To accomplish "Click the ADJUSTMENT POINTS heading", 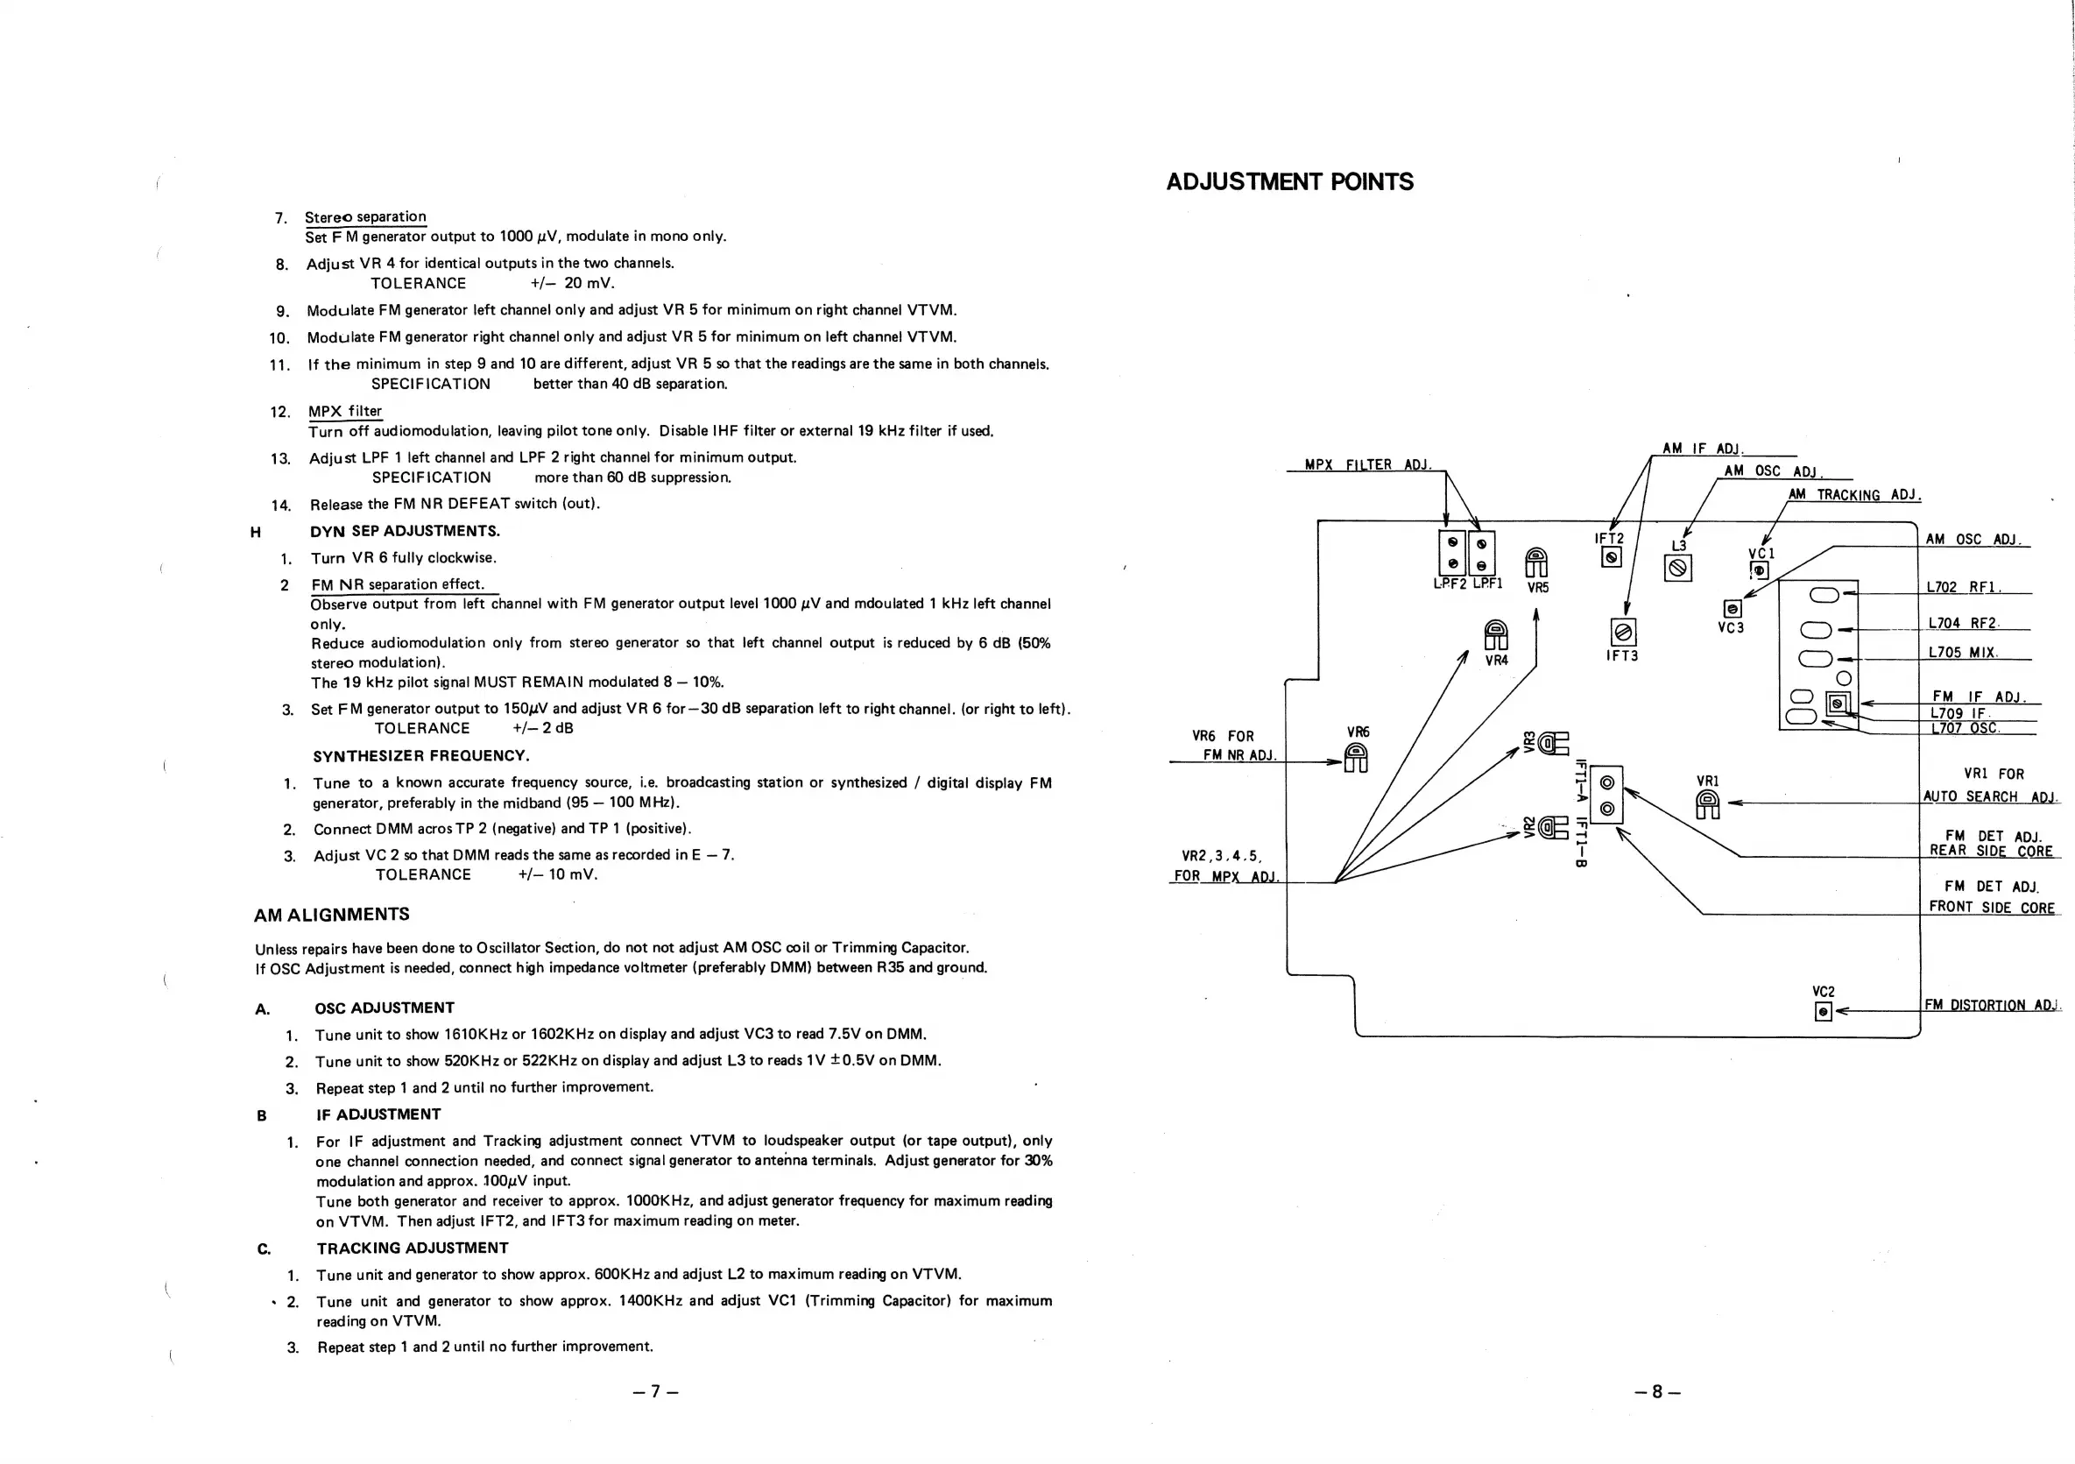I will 1289,181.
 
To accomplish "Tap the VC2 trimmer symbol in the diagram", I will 1824,1012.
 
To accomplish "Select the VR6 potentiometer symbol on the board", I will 1357,757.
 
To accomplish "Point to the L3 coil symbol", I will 1677,568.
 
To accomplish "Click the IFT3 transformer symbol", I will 1623,632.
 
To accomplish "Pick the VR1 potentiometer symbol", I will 1707,803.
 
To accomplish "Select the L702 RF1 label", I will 1963,587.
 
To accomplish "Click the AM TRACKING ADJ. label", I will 1853,495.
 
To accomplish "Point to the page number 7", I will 655,1391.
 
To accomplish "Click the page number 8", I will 1656,1391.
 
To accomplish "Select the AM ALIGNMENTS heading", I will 332,915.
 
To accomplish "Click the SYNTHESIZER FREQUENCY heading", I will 421,755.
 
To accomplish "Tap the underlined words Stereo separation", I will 365,217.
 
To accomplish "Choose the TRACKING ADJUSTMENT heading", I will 412,1248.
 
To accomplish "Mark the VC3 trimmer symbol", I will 1732,609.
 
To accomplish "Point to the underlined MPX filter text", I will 345,411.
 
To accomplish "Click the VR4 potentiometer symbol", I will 1496,634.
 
